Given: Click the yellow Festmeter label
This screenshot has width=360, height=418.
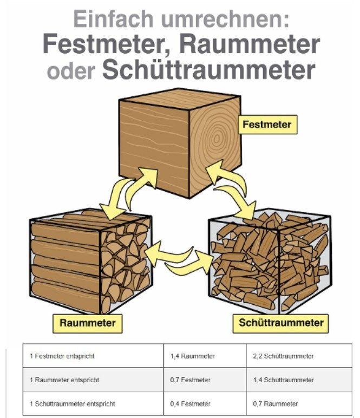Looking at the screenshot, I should pyautogui.click(x=267, y=125).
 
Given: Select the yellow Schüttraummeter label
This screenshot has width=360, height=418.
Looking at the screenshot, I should pyautogui.click(x=281, y=323).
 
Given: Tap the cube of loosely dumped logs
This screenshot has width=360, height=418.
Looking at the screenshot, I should pyautogui.click(x=270, y=262).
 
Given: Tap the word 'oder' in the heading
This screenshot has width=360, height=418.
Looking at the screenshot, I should pyautogui.click(x=70, y=71).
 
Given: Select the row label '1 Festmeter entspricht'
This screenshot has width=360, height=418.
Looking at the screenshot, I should pyautogui.click(x=63, y=356).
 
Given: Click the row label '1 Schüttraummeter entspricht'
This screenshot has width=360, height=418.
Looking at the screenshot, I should pyautogui.click(x=72, y=404).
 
